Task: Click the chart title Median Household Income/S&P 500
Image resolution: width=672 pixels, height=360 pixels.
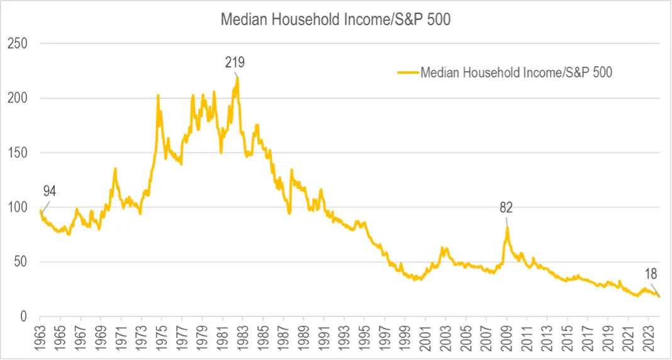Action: tap(335, 19)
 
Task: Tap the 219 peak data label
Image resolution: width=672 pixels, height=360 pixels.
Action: tap(235, 62)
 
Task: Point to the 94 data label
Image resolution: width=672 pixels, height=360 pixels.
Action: tap(50, 192)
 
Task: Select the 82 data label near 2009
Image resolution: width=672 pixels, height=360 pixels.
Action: tap(507, 207)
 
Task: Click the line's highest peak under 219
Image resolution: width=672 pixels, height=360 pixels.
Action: tap(237, 77)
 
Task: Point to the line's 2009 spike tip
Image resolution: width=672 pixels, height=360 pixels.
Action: tap(507, 227)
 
